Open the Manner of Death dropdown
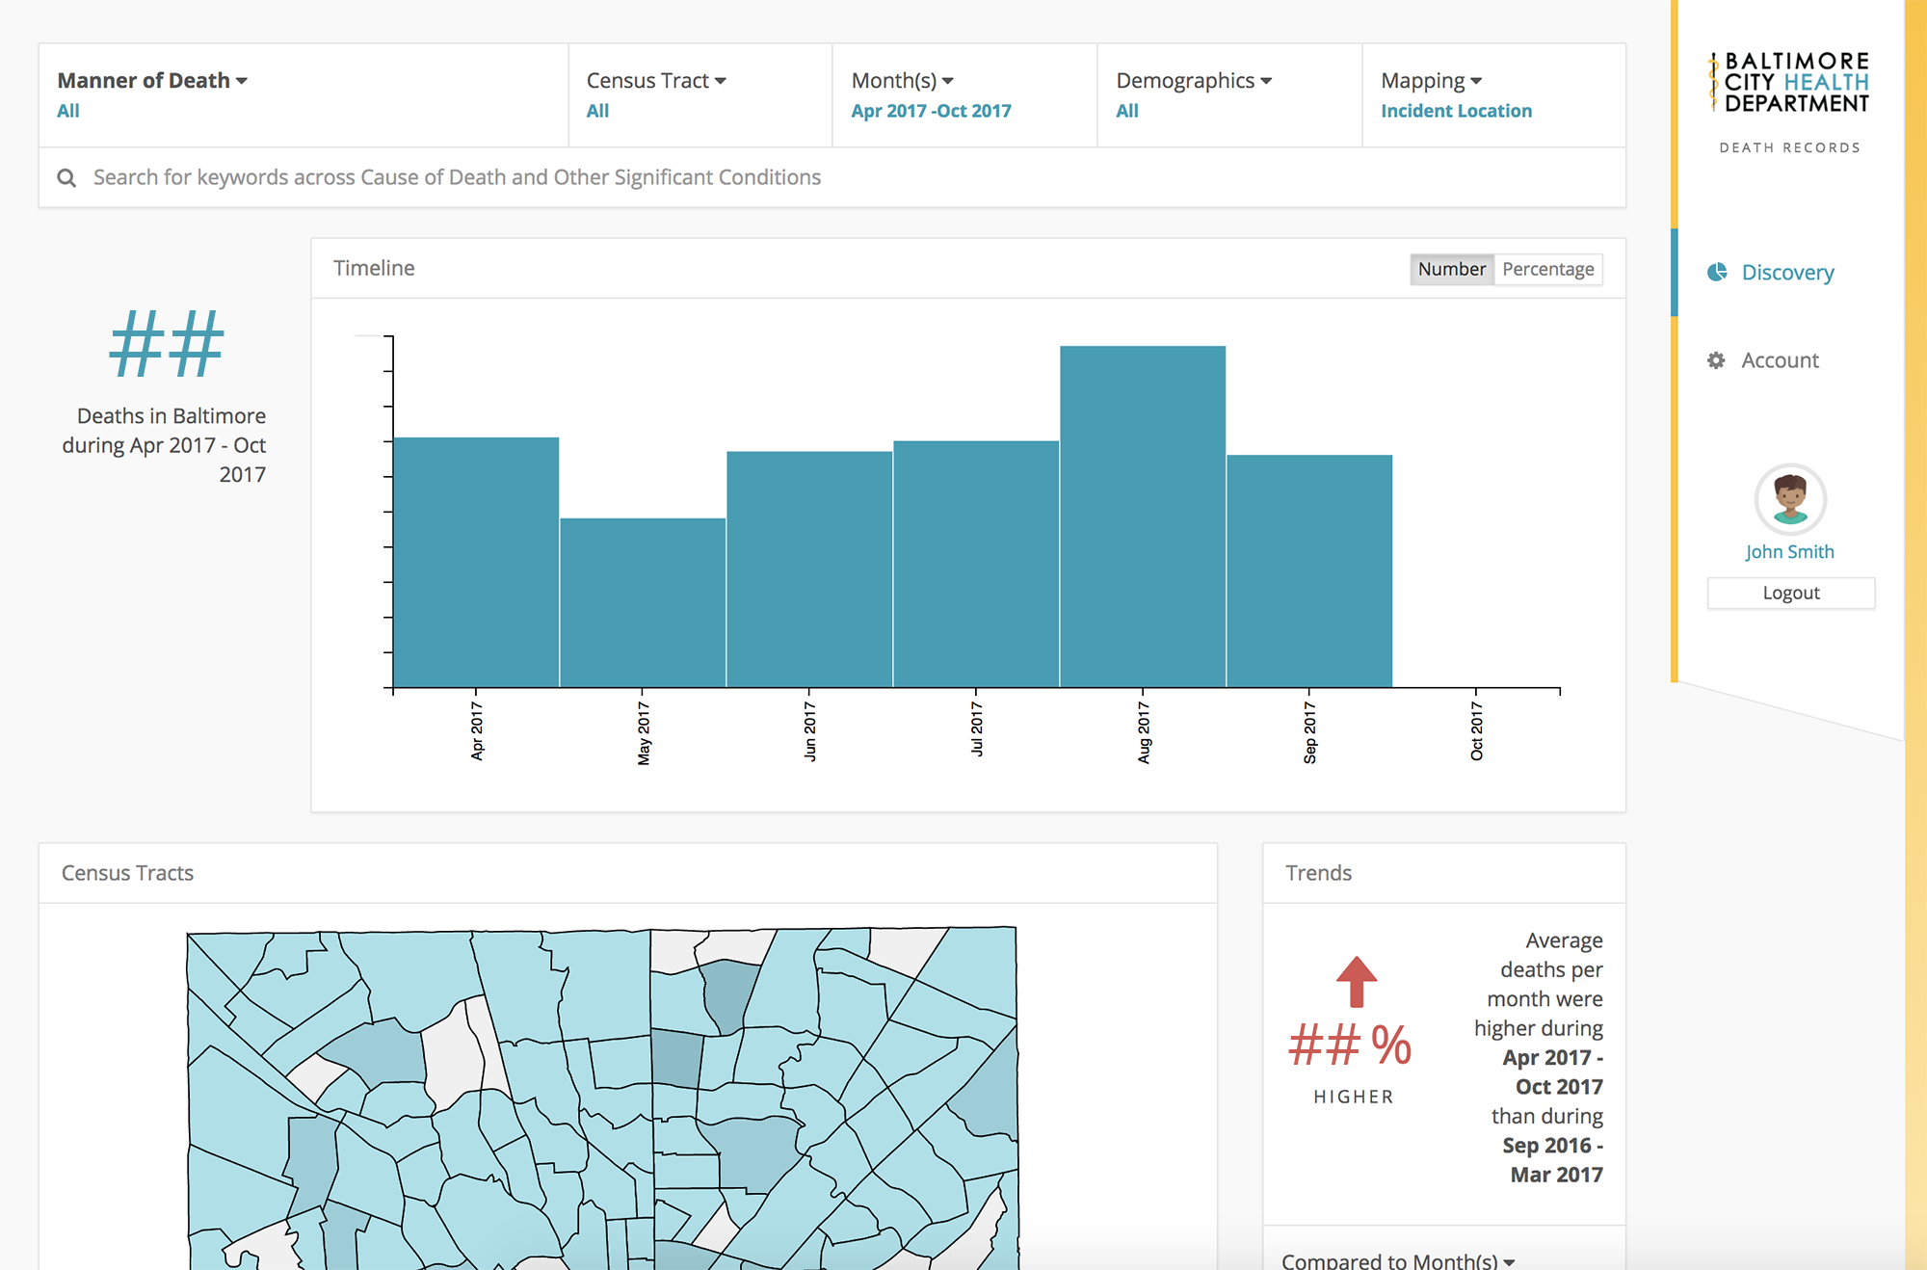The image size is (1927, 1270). pyautogui.click(x=152, y=81)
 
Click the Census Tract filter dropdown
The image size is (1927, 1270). pyautogui.click(x=656, y=81)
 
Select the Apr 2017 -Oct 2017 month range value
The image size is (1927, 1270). pyautogui.click(x=931, y=111)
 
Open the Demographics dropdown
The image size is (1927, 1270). pyautogui.click(x=1194, y=81)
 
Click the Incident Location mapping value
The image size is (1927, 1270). pyautogui.click(x=1456, y=111)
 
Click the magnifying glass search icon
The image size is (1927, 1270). pyautogui.click(x=66, y=177)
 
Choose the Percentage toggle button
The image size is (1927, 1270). pyautogui.click(x=1547, y=269)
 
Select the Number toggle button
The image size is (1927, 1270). pyautogui.click(x=1451, y=269)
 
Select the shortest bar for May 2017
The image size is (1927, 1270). pyautogui.click(x=643, y=602)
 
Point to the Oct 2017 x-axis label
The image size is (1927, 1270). pyautogui.click(x=1476, y=731)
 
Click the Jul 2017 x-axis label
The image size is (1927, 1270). pyautogui.click(x=976, y=729)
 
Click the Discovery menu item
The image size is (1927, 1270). pyautogui.click(x=1787, y=273)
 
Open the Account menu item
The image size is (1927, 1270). pyautogui.click(x=1780, y=360)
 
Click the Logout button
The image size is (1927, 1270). pyautogui.click(x=1790, y=594)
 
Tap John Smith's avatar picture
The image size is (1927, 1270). pyautogui.click(x=1790, y=499)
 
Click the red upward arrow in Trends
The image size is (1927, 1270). pyautogui.click(x=1357, y=982)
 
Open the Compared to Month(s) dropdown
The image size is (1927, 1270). pyautogui.click(x=1397, y=1259)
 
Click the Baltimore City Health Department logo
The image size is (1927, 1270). pyautogui.click(x=1790, y=83)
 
